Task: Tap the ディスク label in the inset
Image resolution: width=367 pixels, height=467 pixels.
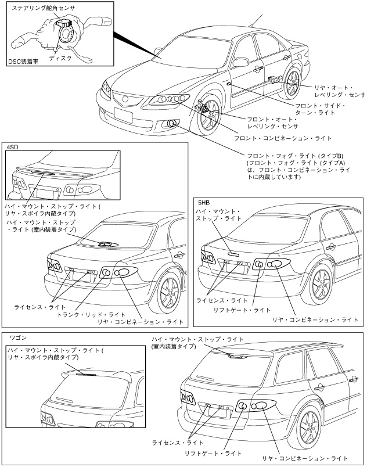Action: (x=61, y=59)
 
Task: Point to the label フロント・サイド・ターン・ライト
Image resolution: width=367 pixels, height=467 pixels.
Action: (x=316, y=110)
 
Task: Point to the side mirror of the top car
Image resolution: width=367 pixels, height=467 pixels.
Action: (x=240, y=61)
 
